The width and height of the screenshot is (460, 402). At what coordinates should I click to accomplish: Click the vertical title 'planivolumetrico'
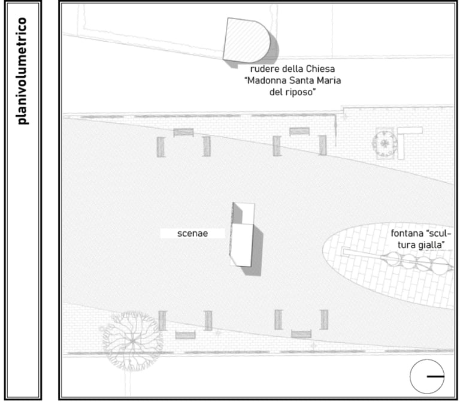pyautogui.click(x=22, y=71)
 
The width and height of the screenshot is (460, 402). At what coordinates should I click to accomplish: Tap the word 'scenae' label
pyautogui.click(x=192, y=233)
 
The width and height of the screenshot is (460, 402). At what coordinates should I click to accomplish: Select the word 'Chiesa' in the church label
pyautogui.click(x=320, y=69)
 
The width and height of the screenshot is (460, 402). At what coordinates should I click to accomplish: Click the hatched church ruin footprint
pyautogui.click(x=246, y=40)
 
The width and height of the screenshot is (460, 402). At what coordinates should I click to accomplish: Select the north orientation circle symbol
pyautogui.click(x=427, y=376)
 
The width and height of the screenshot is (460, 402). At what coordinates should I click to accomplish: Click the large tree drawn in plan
pyautogui.click(x=132, y=340)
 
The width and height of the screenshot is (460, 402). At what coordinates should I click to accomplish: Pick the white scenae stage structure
pyautogui.click(x=242, y=235)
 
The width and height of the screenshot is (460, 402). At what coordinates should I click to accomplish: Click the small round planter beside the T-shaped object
pyautogui.click(x=385, y=144)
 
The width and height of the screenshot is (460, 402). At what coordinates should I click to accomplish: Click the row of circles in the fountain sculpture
pyautogui.click(x=417, y=262)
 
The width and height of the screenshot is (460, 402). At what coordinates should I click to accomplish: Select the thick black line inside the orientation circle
pyautogui.click(x=435, y=376)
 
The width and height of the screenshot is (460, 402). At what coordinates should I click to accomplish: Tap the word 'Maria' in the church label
pyautogui.click(x=330, y=80)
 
